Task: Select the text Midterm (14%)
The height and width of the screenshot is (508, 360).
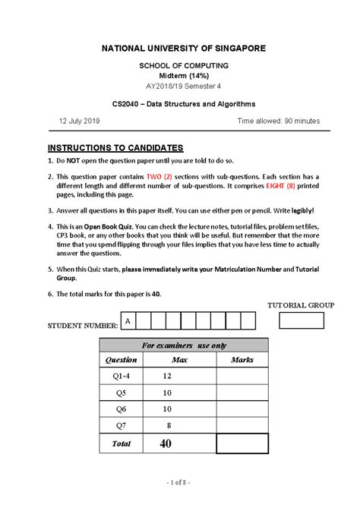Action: [x=179, y=77]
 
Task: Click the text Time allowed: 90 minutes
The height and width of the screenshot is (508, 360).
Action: [x=278, y=121]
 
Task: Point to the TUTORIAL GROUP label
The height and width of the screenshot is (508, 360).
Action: [x=300, y=304]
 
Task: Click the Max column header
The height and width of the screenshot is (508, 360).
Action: [x=180, y=360]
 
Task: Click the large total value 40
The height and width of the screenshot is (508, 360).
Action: [x=166, y=443]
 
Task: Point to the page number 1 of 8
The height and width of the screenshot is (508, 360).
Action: [x=179, y=482]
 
